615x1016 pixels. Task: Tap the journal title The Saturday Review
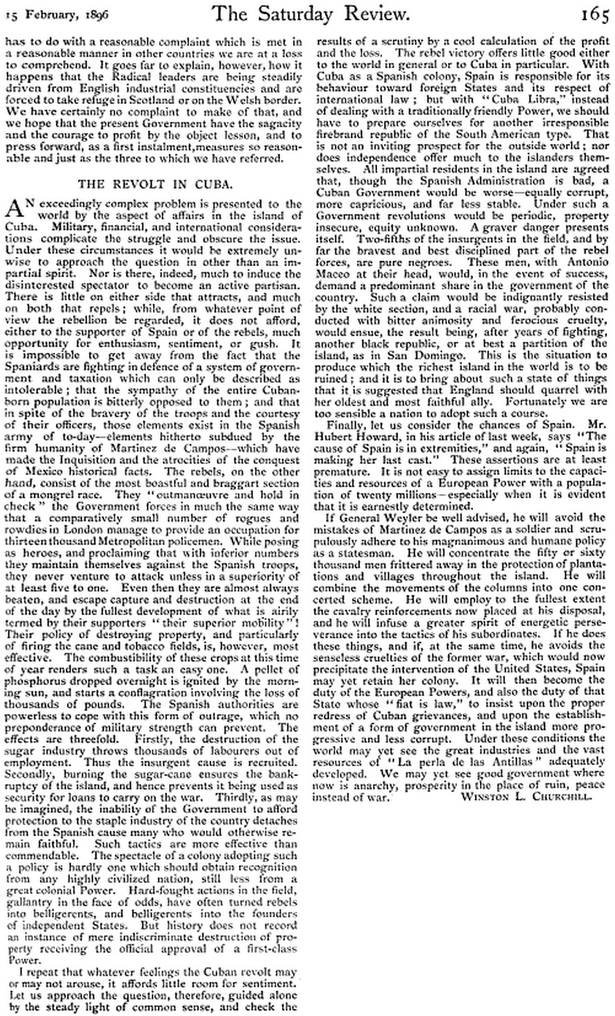tap(307, 12)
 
